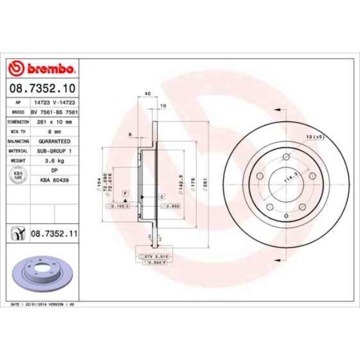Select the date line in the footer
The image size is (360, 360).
[x=43, y=305]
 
